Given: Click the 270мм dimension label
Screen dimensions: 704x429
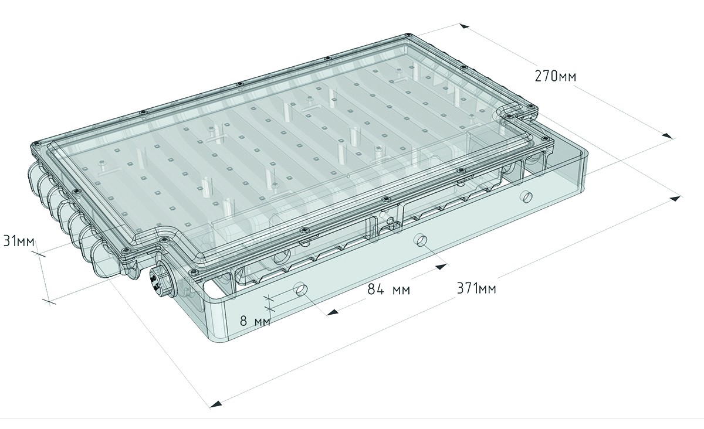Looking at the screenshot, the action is (556, 76).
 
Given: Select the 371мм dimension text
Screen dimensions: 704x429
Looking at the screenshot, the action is (476, 288).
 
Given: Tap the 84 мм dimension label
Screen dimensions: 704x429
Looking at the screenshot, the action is (389, 290).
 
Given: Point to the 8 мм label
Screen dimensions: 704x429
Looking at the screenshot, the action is (255, 321).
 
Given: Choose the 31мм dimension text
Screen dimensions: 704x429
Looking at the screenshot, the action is (19, 241).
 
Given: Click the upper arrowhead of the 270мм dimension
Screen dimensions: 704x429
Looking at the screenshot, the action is (465, 26).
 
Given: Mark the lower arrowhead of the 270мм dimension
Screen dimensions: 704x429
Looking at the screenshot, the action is (667, 136).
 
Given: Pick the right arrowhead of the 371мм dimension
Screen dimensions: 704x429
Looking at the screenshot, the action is (675, 199).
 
